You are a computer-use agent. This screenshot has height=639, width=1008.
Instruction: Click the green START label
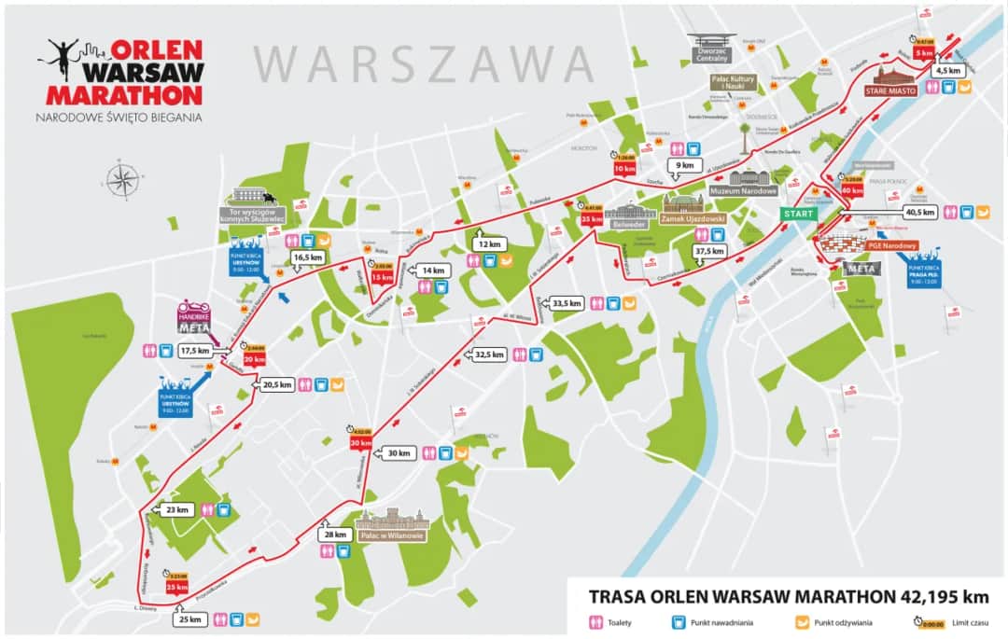pos(798,213)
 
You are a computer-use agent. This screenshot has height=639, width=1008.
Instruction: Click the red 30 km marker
pos(361,444)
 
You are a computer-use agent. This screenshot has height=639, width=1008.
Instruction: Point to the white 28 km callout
pos(337,535)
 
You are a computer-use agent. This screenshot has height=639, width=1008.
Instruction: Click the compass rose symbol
pos(122,180)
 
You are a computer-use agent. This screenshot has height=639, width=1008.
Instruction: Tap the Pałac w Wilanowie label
pos(392,535)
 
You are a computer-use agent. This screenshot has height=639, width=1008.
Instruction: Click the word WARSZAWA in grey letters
pos(425,63)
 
